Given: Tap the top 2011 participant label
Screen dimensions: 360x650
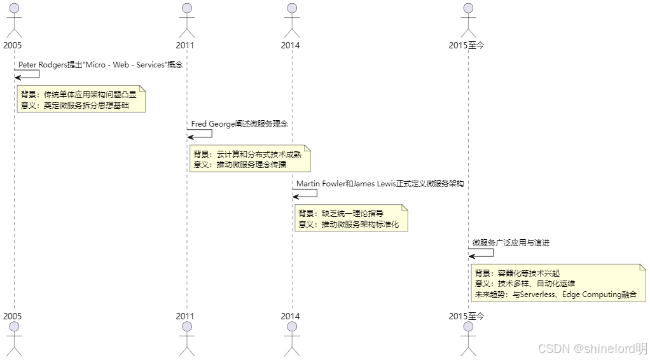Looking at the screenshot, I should (185, 45).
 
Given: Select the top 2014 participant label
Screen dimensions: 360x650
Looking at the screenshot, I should (290, 45).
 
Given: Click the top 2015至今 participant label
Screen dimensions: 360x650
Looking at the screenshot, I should (466, 45).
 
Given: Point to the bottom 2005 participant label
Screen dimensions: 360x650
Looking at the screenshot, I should (12, 316).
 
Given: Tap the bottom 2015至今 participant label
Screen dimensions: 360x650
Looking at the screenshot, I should (466, 316).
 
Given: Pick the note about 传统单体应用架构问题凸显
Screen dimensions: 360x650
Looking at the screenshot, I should (81, 99).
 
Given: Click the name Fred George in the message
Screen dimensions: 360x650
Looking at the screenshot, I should (212, 124).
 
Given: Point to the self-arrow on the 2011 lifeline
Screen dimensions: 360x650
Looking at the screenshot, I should (200, 134).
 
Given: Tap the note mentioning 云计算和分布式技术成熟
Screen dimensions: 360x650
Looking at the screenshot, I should (250, 159).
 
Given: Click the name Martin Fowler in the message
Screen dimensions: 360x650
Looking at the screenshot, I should (321, 183).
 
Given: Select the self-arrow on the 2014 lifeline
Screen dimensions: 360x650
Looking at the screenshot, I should (305, 193).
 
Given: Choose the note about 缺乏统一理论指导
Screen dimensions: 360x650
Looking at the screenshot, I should (351, 218).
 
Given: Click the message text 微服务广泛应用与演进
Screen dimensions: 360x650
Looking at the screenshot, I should (511, 243).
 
